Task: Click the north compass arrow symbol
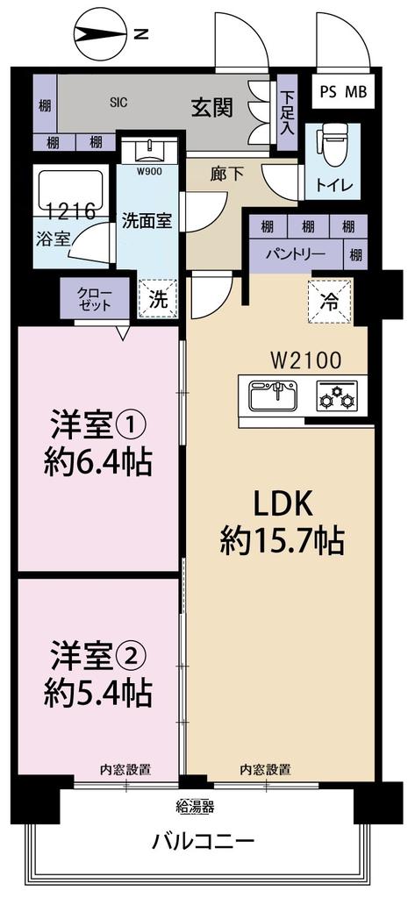pos(99,34)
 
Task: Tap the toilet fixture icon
pos(334,149)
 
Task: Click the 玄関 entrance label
pos(212,108)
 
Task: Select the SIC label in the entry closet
pos(118,103)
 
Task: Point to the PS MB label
pos(343,91)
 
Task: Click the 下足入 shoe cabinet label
pos(286,110)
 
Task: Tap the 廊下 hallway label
pos(226,174)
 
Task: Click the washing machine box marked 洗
pos(158,297)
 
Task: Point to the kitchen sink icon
pos(273,397)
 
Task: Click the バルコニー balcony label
pos(204,843)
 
